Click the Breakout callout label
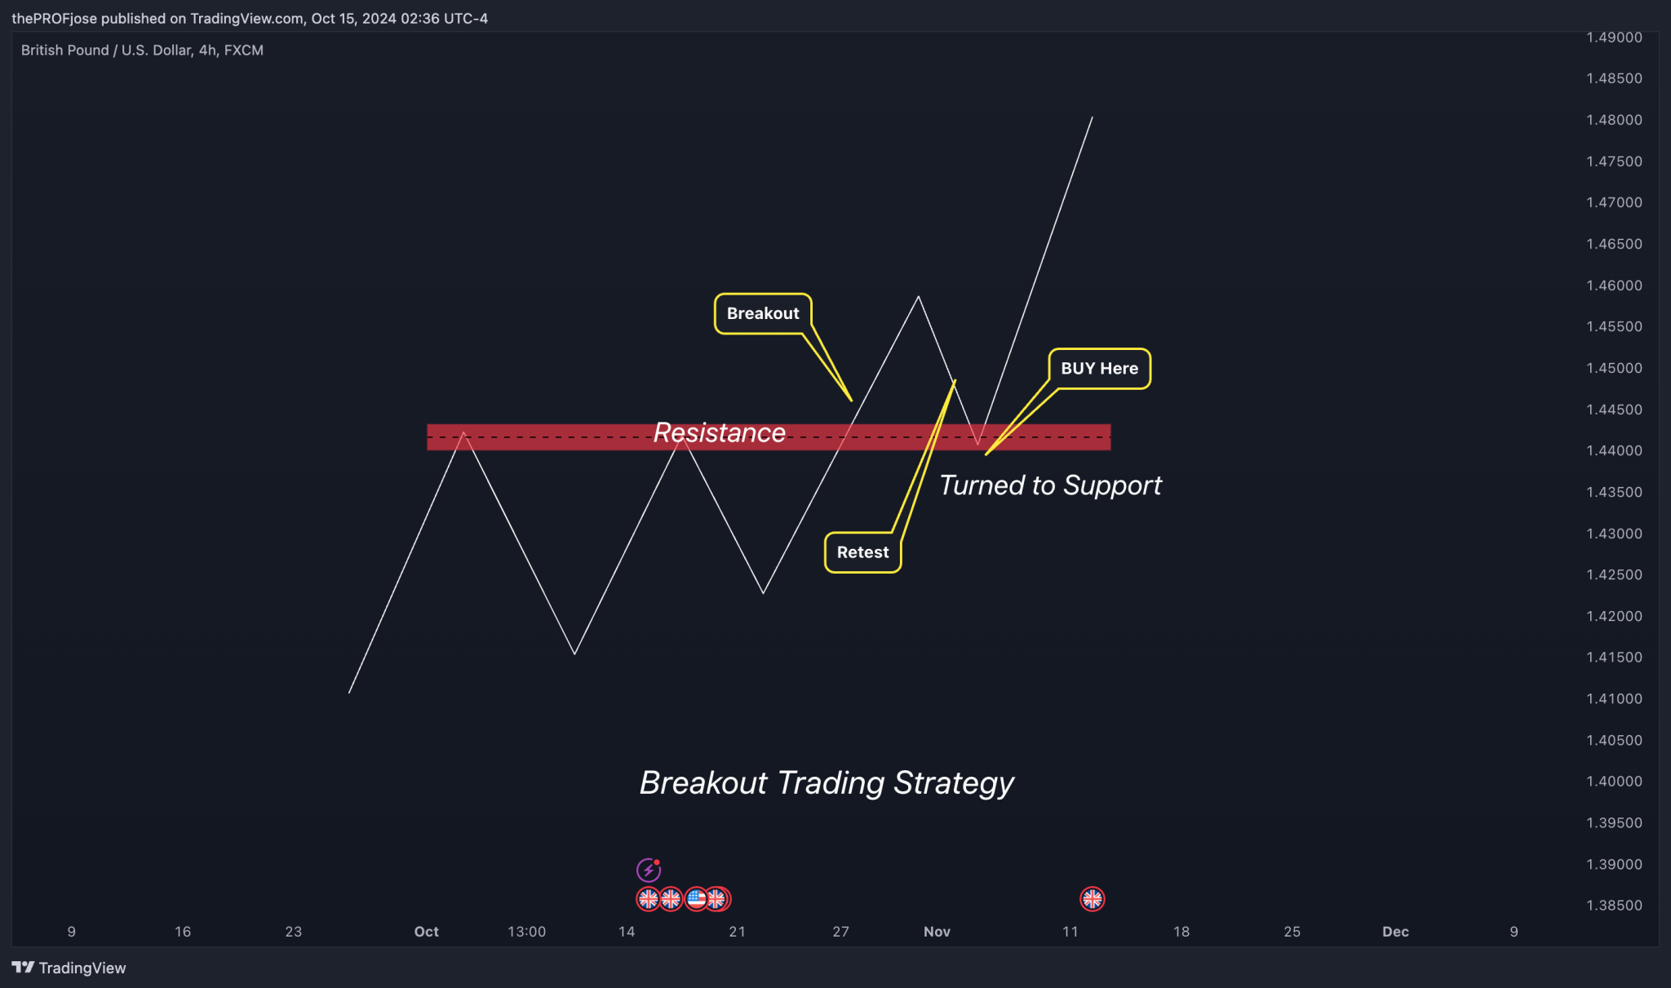pos(763,313)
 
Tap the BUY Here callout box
pos(1099,369)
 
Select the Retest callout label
pos(862,552)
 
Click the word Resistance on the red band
pos(719,432)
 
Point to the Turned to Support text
pos(1050,485)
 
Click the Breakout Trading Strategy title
pos(827,782)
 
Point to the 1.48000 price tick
pos(1614,120)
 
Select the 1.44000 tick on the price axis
pos(1614,450)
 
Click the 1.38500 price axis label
pos(1614,905)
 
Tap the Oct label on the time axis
pos(426,932)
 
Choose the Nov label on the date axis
pos(937,932)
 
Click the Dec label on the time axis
pos(1395,932)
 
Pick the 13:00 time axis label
pos(526,932)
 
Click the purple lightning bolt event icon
pos(648,871)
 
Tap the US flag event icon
pos(695,899)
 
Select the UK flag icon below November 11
pos(1092,899)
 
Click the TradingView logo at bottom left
pos(69,968)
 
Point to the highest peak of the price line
pos(1092,117)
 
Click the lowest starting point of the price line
pos(350,693)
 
